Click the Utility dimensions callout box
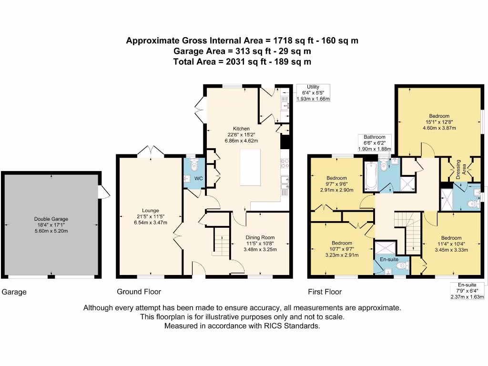pyautogui.click(x=313, y=92)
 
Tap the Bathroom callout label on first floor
pyautogui.click(x=375, y=142)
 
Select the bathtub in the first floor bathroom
pyautogui.click(x=369, y=176)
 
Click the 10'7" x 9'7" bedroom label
pyautogui.click(x=342, y=249)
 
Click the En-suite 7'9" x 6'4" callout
pyautogui.click(x=467, y=291)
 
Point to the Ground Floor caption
pyautogui.click(x=139, y=292)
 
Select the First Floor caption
pyautogui.click(x=325, y=292)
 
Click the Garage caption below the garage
pyautogui.click(x=14, y=292)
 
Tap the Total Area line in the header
pyautogui.click(x=242, y=61)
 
